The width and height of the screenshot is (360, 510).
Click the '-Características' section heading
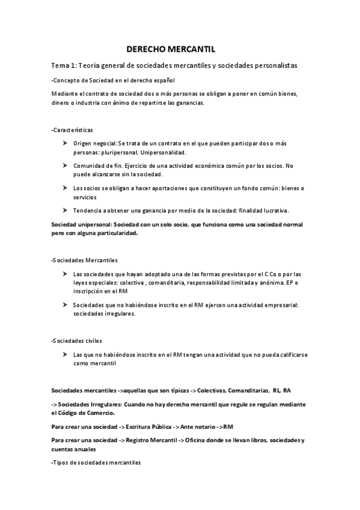point(72,129)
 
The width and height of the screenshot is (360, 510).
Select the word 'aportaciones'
point(154,189)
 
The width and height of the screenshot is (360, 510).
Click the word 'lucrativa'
point(273,210)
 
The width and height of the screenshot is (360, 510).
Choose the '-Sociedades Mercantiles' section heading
point(85,260)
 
